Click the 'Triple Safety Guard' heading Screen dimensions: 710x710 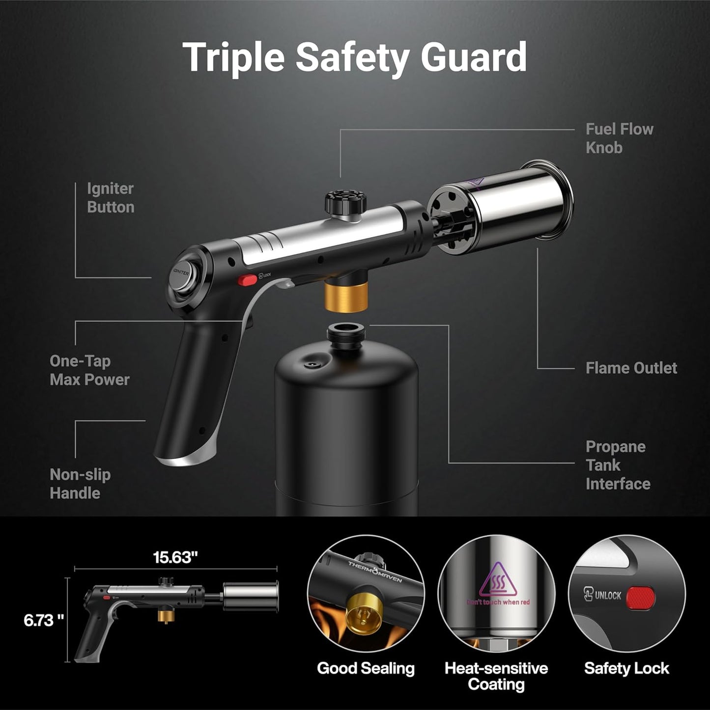point(355,57)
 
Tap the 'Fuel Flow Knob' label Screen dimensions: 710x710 point(619,138)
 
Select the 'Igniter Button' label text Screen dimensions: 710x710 point(111,198)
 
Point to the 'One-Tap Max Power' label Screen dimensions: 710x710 point(89,370)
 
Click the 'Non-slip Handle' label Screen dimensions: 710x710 point(80,484)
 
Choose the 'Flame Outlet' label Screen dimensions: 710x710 point(631,368)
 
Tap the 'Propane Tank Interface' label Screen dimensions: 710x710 point(618,465)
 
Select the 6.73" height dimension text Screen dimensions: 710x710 point(44,620)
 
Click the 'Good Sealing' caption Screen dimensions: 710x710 point(366,668)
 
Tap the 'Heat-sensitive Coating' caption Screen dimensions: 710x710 point(496,676)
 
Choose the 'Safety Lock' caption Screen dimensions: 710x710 point(626,668)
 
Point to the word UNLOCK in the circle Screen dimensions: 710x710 point(608,596)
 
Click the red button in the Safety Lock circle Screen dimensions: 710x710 point(642,597)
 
